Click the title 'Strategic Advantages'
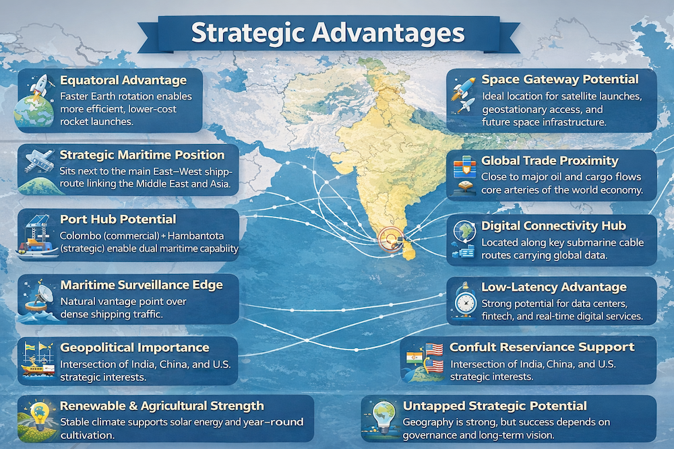[328, 33]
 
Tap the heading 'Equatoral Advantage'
[123, 80]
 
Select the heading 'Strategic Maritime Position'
[142, 155]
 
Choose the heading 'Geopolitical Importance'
[135, 347]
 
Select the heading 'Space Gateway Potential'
[560, 79]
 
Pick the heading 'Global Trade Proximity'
[550, 160]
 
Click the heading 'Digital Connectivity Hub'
[553, 226]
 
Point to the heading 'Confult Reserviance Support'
[542, 347]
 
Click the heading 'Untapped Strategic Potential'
[495, 406]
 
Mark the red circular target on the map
[391, 239]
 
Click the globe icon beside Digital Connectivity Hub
[465, 231]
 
